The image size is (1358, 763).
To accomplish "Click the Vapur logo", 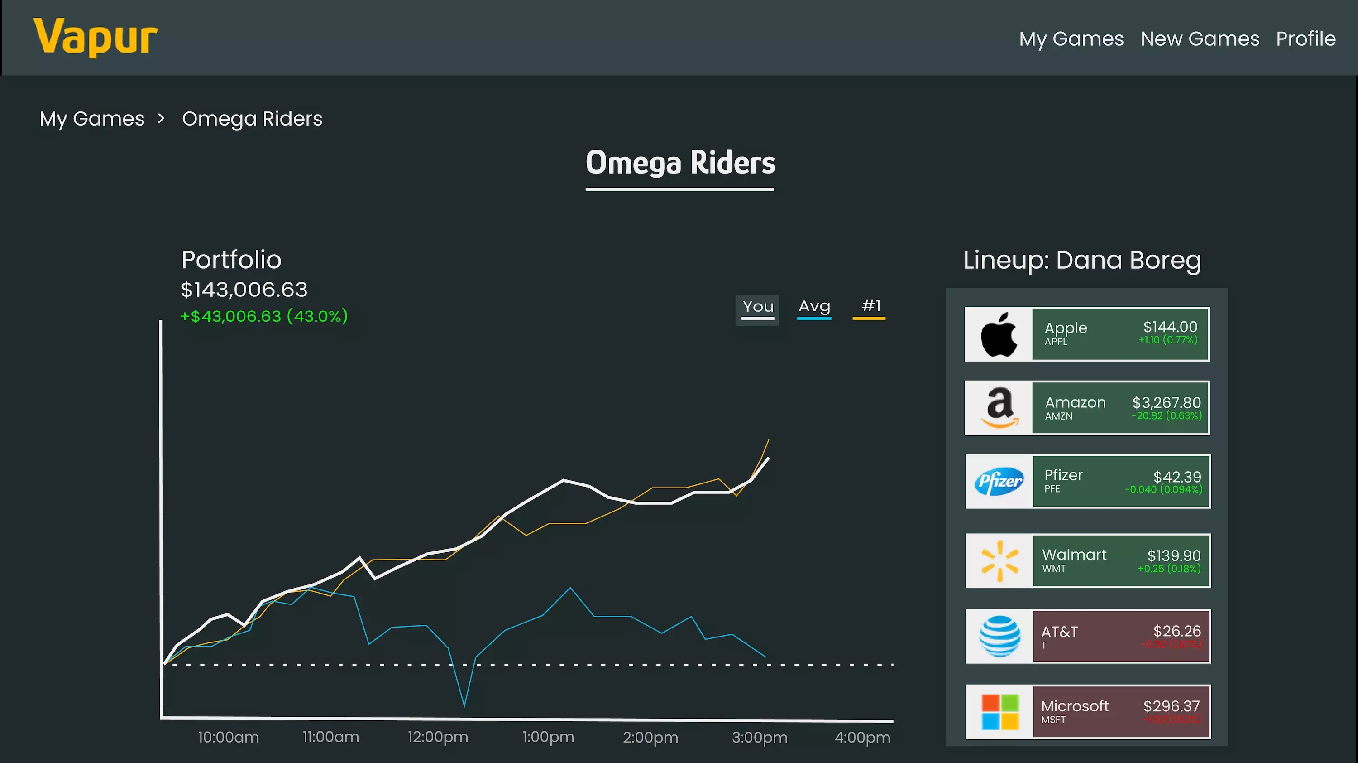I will point(96,37).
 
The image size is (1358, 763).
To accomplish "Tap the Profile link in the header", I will point(1305,39).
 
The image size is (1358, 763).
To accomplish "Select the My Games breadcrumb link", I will point(92,119).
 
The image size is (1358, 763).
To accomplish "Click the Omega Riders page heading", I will point(679,163).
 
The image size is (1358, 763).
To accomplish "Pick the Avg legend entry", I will point(814,307).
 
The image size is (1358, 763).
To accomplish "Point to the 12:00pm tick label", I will point(438,737).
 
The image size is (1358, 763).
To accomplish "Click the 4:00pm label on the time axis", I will point(862,737).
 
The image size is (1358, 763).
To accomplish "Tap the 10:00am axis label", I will point(228,737).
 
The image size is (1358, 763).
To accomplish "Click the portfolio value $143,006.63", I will point(244,289).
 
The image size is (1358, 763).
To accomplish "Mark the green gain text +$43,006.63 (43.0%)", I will point(263,316).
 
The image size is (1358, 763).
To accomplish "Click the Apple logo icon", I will point(998,334).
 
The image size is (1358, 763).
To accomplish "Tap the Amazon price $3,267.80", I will point(1166,403).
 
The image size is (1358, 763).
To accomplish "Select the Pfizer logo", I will point(999,481).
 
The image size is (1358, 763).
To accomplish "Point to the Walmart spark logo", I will point(999,560).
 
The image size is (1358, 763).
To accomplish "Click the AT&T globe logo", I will point(999,636).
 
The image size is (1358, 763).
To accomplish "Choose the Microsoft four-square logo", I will point(999,712).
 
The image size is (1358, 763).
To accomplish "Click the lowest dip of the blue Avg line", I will point(464,705).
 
